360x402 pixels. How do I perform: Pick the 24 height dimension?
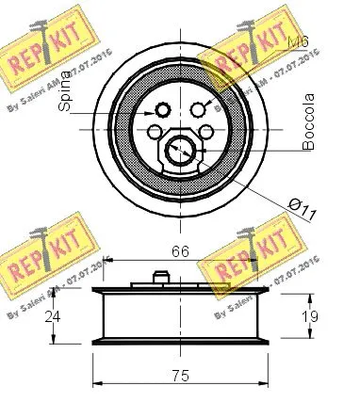coord(55,317)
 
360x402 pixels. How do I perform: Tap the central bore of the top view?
coord(180,148)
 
